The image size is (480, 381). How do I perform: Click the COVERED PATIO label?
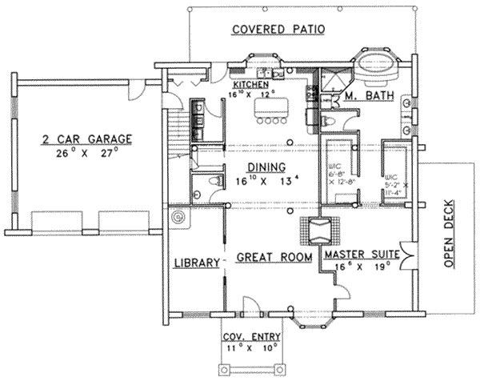[278, 30]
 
